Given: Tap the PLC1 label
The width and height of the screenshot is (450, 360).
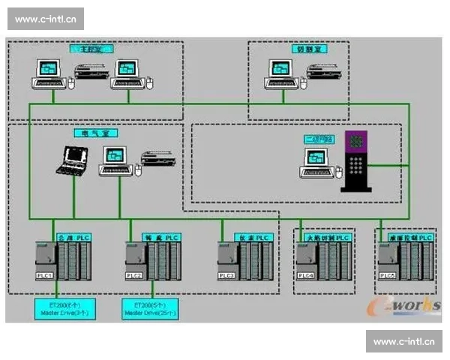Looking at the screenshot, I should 44,276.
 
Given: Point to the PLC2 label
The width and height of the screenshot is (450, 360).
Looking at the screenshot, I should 135,276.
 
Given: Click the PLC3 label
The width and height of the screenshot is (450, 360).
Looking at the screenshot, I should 226,276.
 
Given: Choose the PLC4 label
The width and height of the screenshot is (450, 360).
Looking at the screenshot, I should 306,276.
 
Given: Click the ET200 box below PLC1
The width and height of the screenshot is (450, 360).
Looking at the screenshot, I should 64,308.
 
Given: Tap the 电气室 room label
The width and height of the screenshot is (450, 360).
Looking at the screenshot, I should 96,133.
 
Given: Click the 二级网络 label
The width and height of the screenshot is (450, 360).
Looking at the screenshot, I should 316,139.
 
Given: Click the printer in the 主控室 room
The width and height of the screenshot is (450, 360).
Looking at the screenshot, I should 91,73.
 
